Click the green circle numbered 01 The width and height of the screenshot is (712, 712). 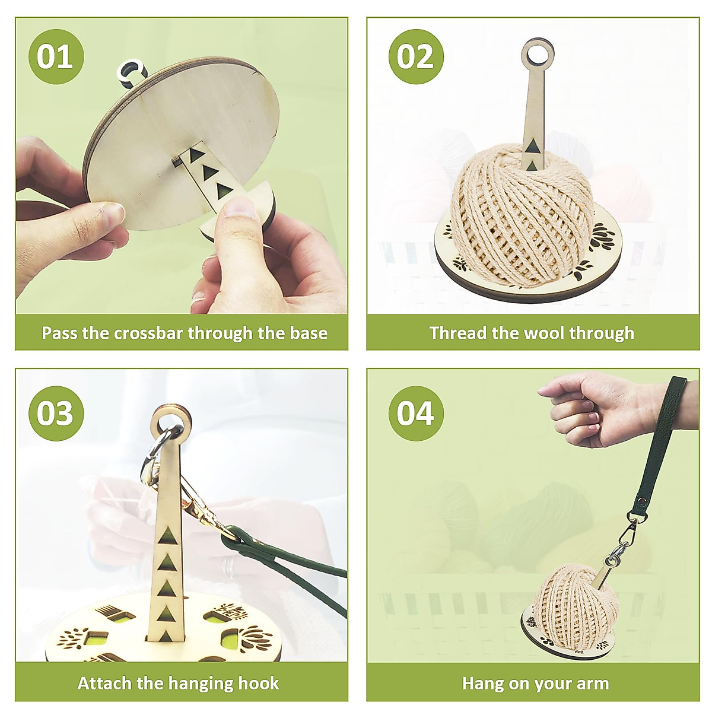click(56, 56)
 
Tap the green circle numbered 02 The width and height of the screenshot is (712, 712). click(415, 56)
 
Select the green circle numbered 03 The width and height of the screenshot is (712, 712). click(56, 413)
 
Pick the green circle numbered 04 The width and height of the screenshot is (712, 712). click(415, 413)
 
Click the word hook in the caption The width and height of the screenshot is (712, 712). click(258, 683)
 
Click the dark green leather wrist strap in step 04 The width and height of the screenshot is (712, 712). click(659, 451)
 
